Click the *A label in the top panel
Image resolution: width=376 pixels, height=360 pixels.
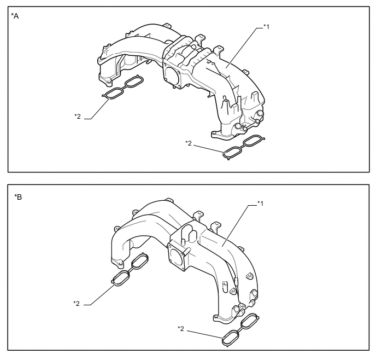point(15,16)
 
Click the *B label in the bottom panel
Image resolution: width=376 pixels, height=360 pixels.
point(18,197)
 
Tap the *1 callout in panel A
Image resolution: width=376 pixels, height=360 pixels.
point(266,27)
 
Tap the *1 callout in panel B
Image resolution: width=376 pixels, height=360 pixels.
point(261,204)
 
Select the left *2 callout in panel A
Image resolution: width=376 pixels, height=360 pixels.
point(78,117)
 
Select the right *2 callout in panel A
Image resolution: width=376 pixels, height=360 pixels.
point(189,143)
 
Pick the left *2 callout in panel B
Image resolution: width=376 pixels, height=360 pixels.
point(77,304)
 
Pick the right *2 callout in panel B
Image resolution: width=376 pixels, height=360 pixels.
point(181,329)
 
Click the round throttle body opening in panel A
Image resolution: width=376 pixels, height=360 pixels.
point(172,75)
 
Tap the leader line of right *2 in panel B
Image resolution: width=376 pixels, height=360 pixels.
point(205,335)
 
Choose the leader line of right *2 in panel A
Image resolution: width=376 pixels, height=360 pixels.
point(209,149)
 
